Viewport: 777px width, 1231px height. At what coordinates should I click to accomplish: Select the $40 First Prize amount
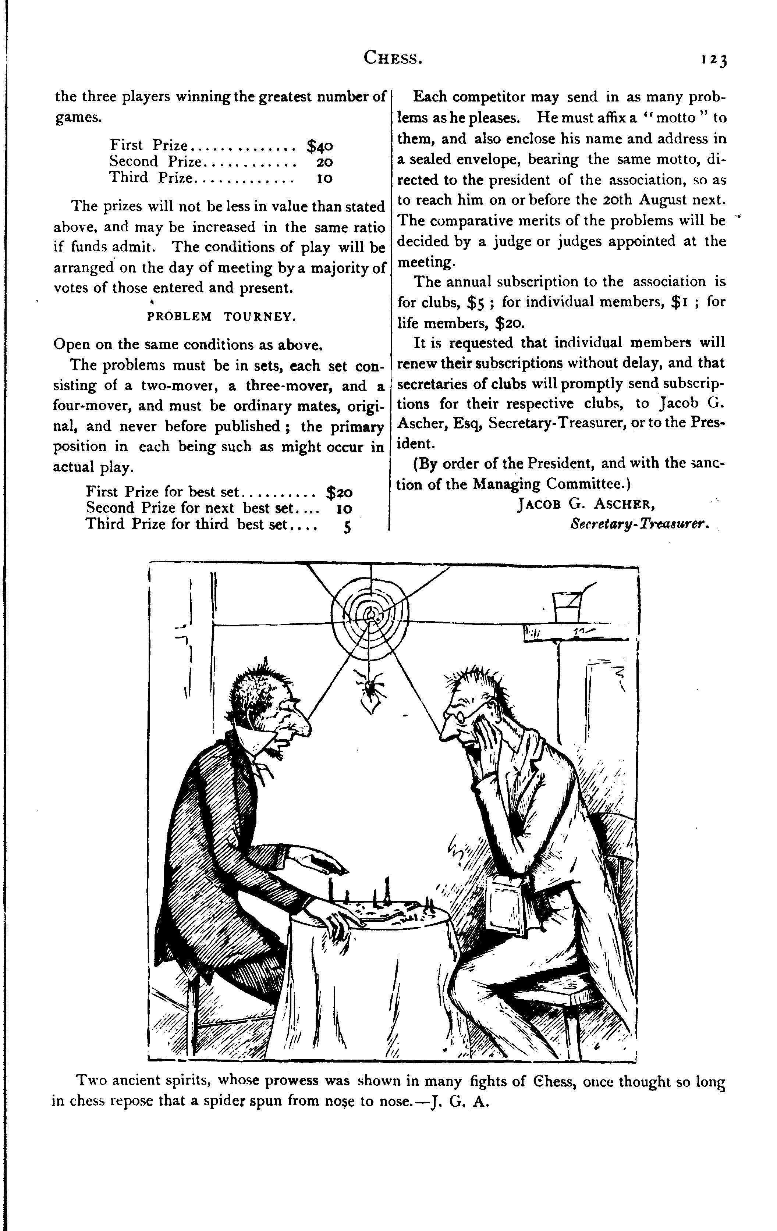pyautogui.click(x=320, y=146)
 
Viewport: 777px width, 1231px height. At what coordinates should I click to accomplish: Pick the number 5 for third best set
pyautogui.click(x=347, y=527)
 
